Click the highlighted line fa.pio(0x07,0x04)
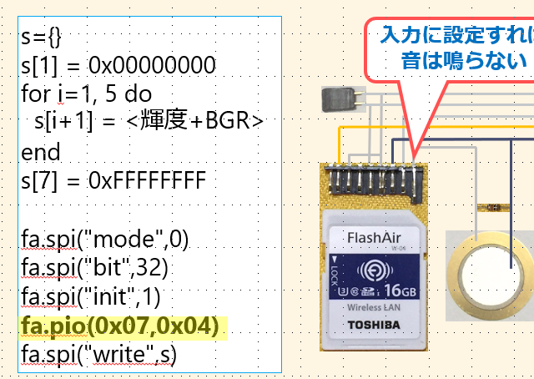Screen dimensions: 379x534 [x=120, y=326]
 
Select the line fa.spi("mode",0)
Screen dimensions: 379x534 [x=105, y=240]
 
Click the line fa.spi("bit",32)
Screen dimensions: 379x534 [x=96, y=268]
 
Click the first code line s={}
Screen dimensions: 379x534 [x=41, y=37]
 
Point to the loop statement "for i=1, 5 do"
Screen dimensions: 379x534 [x=87, y=93]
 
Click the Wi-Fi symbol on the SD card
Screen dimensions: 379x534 [x=374, y=271]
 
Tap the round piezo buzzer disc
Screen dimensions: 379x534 [x=492, y=275]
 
